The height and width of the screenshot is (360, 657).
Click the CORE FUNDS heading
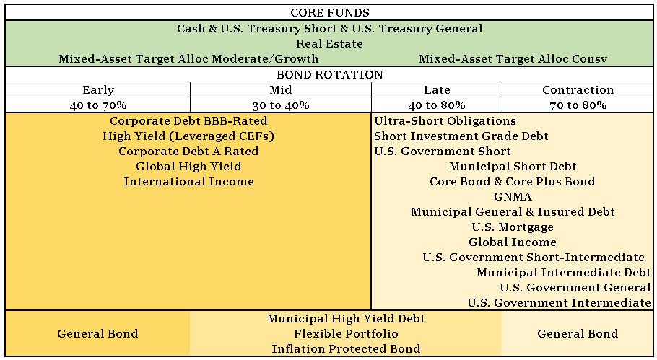(x=329, y=13)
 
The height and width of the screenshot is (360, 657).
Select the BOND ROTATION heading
(x=329, y=75)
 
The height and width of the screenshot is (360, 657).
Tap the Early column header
(x=98, y=90)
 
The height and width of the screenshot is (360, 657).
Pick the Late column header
(x=437, y=90)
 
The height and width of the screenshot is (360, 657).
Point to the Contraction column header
(x=578, y=90)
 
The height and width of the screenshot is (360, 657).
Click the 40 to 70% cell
(x=98, y=105)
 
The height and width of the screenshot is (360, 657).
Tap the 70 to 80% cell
(x=578, y=105)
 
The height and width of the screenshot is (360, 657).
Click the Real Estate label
(x=329, y=44)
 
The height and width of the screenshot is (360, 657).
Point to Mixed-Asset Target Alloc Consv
(x=513, y=59)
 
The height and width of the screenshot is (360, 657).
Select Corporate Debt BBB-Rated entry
(x=188, y=121)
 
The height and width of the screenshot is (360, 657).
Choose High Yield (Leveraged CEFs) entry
(x=188, y=136)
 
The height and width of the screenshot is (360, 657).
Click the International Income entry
(x=188, y=182)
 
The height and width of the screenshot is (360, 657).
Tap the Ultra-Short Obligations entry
(x=445, y=121)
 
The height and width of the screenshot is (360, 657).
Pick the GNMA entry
(x=513, y=197)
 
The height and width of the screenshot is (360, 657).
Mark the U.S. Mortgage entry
(x=513, y=227)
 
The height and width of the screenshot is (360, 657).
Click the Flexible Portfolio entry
(x=346, y=334)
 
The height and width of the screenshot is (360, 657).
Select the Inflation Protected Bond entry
(x=346, y=349)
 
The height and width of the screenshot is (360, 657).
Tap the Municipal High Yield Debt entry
(x=346, y=319)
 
